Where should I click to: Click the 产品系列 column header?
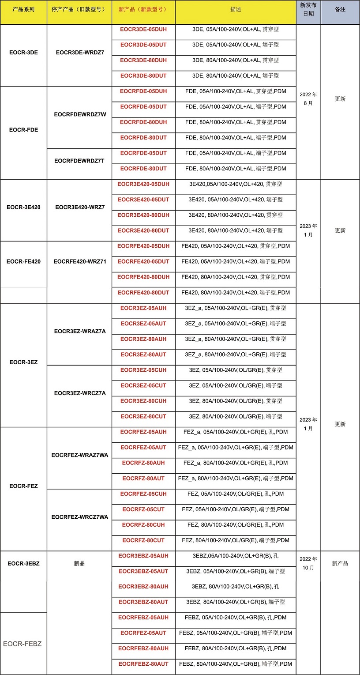click(x=23, y=9)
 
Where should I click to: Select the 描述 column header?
click(x=236, y=9)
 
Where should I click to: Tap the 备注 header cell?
click(x=340, y=9)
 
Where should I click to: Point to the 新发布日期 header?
click(x=308, y=9)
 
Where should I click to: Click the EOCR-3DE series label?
click(x=23, y=53)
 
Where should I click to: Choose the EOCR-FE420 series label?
click(x=23, y=261)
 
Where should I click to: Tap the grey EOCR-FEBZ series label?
click(x=22, y=644)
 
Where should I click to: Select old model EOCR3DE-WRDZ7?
click(x=80, y=53)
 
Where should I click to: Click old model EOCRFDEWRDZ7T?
click(x=79, y=161)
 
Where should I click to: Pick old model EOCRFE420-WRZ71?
click(x=80, y=261)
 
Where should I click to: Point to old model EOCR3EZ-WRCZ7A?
click(x=80, y=393)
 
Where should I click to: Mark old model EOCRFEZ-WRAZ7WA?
click(x=80, y=455)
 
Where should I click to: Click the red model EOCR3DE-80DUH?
click(x=143, y=60)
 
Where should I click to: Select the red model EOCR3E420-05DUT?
click(x=143, y=200)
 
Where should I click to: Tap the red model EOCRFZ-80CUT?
click(x=143, y=540)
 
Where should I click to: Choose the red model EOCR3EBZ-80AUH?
click(x=143, y=586)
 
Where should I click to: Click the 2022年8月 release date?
click(x=308, y=98)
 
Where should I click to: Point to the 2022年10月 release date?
click(x=308, y=563)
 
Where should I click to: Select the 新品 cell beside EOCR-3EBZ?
click(x=79, y=563)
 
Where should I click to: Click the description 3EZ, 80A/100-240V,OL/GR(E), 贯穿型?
click(x=236, y=401)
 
